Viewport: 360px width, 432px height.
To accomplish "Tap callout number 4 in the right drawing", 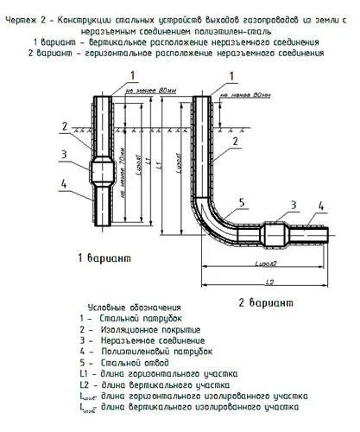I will click(320, 206).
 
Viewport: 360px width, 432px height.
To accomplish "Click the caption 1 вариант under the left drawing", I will click(103, 258).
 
